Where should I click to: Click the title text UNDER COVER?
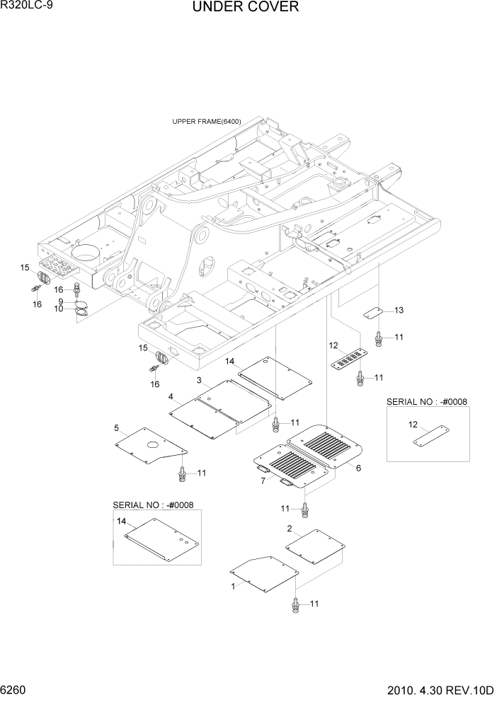(245, 8)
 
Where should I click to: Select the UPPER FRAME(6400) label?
(206, 122)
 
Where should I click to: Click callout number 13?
(399, 311)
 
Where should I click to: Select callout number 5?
(115, 428)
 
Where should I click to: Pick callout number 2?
(289, 529)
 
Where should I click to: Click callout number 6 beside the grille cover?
(358, 468)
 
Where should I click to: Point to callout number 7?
(263, 481)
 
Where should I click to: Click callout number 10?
(59, 309)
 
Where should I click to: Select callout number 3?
(200, 381)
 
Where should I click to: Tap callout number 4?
(171, 396)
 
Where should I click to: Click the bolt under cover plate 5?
(183, 473)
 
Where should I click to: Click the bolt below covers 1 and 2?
(295, 604)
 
